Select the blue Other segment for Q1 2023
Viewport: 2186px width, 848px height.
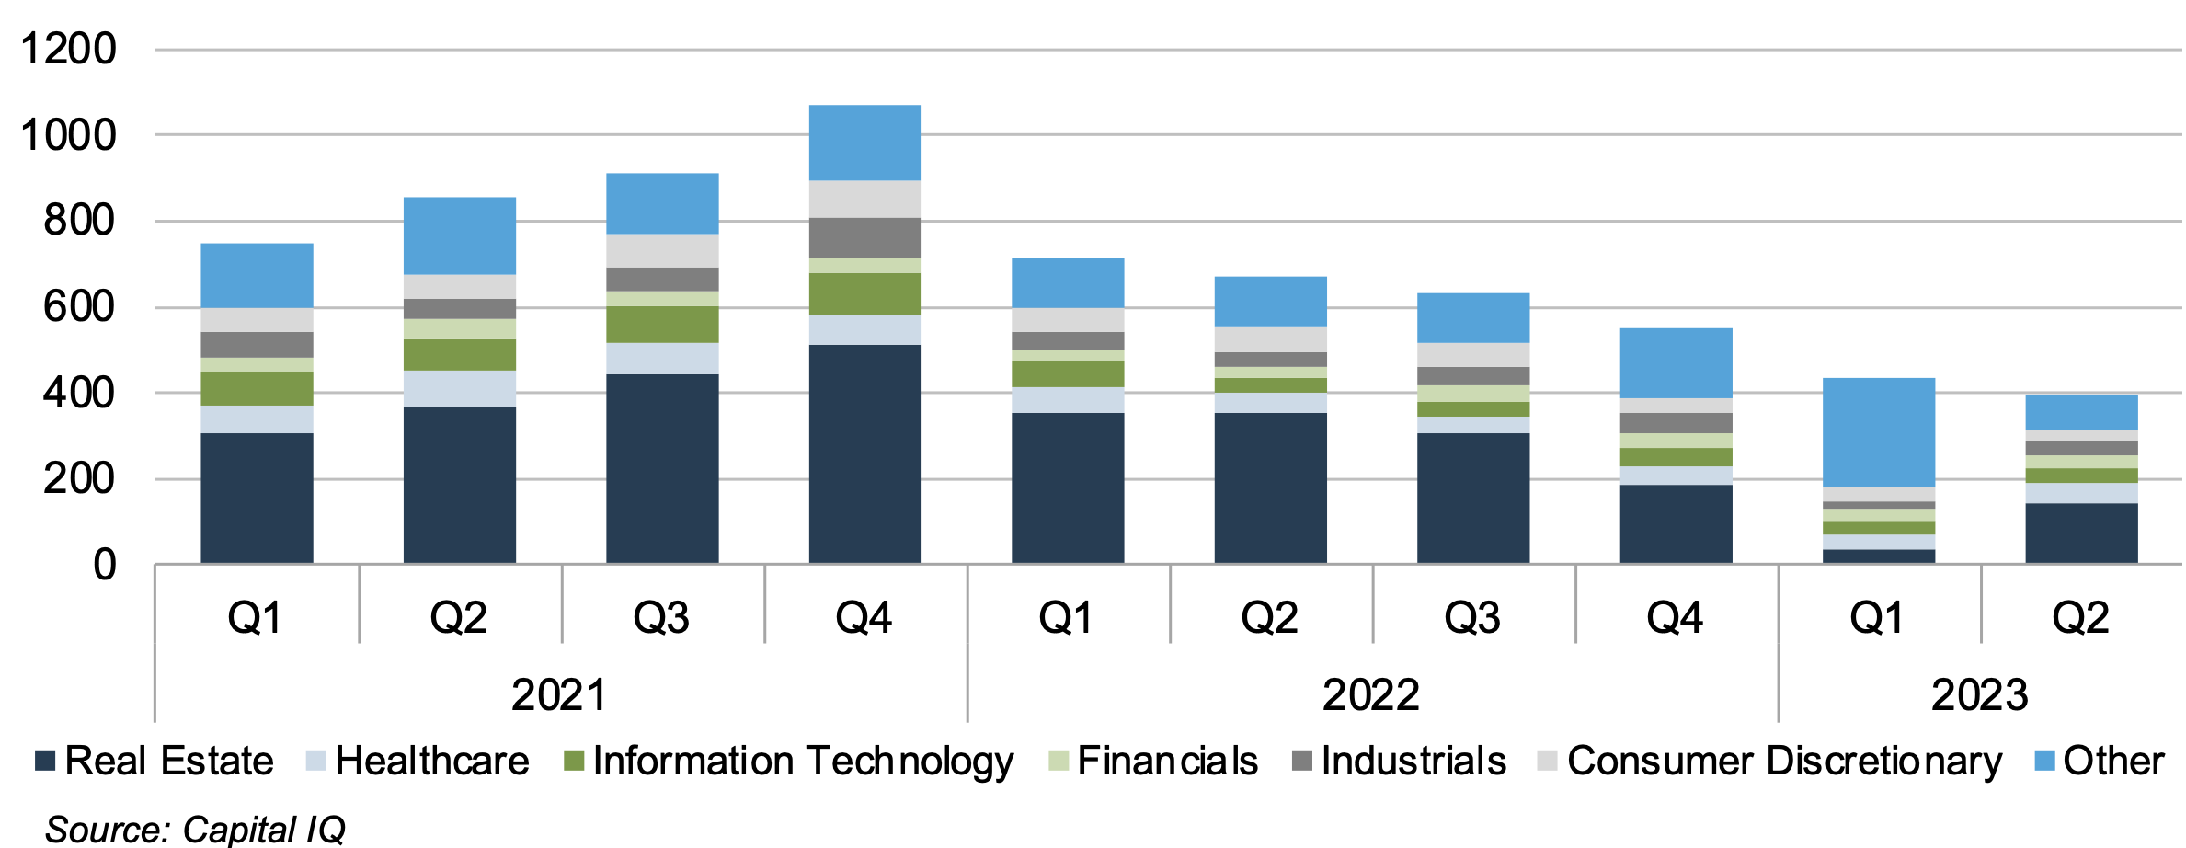point(1878,431)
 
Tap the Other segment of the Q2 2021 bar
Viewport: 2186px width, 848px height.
point(459,235)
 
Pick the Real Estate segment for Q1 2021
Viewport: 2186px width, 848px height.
point(257,498)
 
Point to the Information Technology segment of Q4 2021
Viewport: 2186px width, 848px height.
point(864,294)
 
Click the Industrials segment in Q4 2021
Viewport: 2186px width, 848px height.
point(864,238)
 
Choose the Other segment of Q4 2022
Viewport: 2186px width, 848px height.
point(1676,363)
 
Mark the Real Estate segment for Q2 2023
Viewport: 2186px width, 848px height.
point(2081,533)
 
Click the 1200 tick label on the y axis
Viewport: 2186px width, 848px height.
point(69,49)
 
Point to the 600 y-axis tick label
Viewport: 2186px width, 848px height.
point(79,306)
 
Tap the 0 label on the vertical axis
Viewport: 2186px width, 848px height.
point(105,565)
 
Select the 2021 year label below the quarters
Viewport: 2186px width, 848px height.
point(559,694)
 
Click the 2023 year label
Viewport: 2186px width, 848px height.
point(1979,694)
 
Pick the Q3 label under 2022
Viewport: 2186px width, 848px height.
point(1472,617)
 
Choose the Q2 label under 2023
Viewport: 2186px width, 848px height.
point(2081,617)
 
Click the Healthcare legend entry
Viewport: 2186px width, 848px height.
point(431,761)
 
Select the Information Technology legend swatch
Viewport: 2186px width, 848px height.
point(574,762)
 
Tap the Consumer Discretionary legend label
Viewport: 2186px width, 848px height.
point(1783,761)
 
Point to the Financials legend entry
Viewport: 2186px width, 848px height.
point(1166,761)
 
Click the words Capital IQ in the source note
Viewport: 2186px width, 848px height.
point(264,829)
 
